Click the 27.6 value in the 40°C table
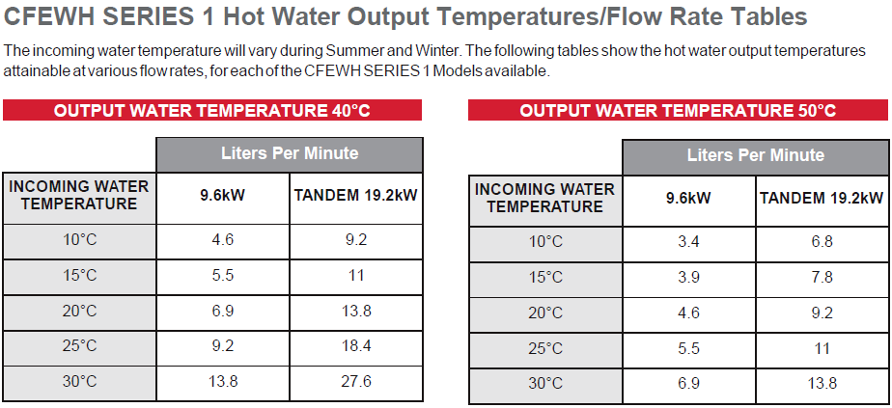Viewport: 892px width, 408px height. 356,381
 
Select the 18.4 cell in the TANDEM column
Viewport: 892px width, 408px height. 356,345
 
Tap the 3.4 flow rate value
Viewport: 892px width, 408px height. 688,241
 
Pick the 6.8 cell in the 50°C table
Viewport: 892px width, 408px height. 822,241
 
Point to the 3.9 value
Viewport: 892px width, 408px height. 688,277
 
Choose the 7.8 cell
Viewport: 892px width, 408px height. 822,277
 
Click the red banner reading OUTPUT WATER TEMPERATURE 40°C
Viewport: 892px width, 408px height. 212,110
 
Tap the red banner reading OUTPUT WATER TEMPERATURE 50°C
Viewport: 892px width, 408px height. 678,110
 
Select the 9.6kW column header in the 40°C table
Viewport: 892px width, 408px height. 222,196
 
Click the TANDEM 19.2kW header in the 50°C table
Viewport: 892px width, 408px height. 822,198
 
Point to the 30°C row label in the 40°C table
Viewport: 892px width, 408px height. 79,381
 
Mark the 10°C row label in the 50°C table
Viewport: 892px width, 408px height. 545,241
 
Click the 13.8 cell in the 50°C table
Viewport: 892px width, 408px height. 822,383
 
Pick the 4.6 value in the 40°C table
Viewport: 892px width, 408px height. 222,239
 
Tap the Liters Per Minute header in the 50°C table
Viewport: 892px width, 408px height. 756,155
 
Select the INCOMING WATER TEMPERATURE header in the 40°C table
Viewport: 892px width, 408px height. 79,195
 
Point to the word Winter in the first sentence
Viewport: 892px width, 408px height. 432,50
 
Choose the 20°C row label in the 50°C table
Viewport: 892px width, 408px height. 545,313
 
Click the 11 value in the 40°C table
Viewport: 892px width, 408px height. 356,275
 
